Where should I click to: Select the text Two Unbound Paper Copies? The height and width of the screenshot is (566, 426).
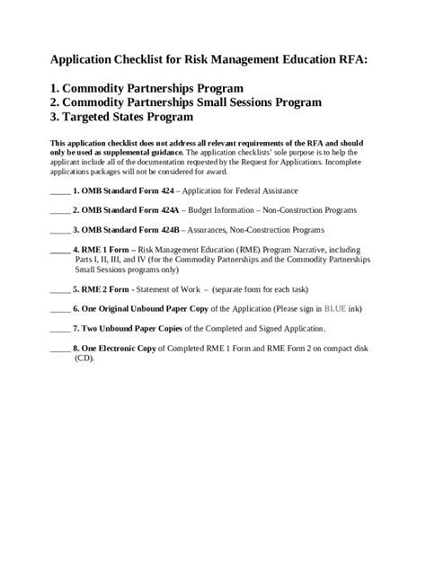point(129,328)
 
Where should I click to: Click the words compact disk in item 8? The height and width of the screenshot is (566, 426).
point(334,348)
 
